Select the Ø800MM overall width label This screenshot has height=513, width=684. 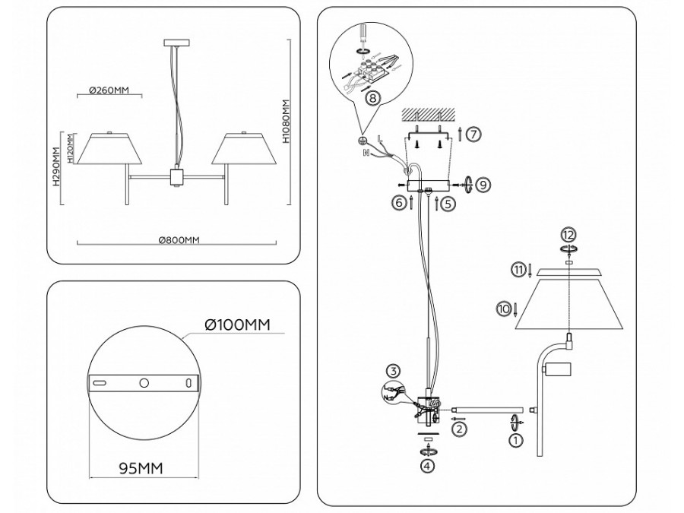179,240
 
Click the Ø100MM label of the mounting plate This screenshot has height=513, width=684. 237,325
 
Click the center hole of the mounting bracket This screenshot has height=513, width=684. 144,384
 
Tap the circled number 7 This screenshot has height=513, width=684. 473,135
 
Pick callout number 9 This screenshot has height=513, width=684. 486,183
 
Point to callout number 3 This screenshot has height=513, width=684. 392,372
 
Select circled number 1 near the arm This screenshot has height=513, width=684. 515,439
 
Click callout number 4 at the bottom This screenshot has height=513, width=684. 429,467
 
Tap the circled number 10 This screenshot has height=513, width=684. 502,309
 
